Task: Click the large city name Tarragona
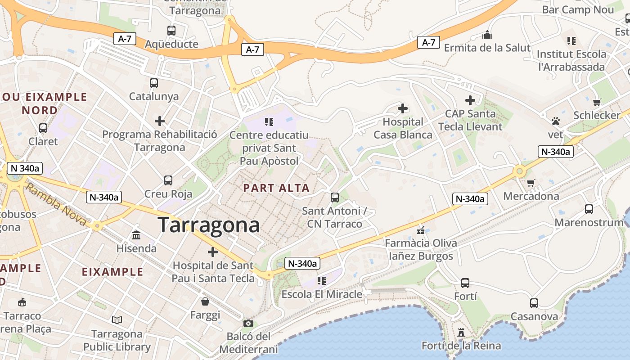(209, 225)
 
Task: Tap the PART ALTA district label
(276, 188)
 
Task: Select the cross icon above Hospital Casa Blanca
(403, 108)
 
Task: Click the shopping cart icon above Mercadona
(531, 183)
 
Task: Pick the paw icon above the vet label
(556, 121)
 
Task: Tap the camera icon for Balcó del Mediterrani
(248, 323)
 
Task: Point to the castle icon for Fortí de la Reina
(461, 333)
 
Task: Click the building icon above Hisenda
(136, 235)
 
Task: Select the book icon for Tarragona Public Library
(117, 320)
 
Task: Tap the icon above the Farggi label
(205, 301)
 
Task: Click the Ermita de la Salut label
(487, 48)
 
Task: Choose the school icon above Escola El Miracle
(321, 281)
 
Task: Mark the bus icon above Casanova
(534, 303)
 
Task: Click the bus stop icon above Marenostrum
(589, 209)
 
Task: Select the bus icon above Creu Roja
(168, 180)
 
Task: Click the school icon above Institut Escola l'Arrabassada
(571, 41)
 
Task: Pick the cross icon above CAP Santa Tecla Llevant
(470, 100)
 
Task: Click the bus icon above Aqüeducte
(171, 31)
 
